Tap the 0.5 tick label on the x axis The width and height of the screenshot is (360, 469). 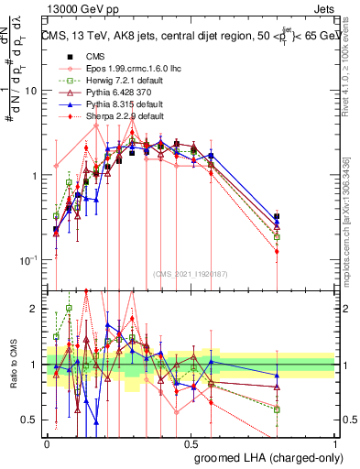click(191, 443)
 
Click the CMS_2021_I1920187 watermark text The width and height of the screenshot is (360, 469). click(191, 273)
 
